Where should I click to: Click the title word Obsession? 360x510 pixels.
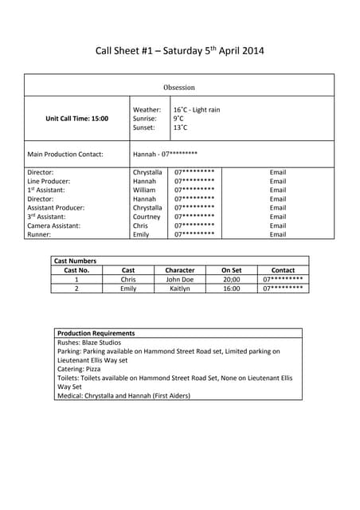click(179, 88)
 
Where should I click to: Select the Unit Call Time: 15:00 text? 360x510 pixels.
click(77, 119)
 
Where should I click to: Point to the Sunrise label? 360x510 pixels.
click(145, 119)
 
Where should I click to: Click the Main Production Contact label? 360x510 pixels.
click(65, 154)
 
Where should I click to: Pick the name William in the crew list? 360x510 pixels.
click(144, 190)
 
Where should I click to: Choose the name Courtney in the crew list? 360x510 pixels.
click(147, 217)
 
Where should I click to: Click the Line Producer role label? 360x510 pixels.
click(50, 181)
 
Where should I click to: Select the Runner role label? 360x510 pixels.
click(40, 234)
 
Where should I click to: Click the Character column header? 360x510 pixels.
click(179, 270)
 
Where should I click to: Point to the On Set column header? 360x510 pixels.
click(231, 270)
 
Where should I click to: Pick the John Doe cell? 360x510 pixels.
click(179, 280)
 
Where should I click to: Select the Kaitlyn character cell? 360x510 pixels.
click(179, 288)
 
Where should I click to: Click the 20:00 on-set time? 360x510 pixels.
click(231, 280)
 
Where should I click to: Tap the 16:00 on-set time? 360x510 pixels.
click(231, 288)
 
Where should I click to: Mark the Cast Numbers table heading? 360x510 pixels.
click(75, 261)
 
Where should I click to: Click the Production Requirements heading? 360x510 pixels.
click(96, 333)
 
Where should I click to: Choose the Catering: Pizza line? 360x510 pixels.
click(80, 368)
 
